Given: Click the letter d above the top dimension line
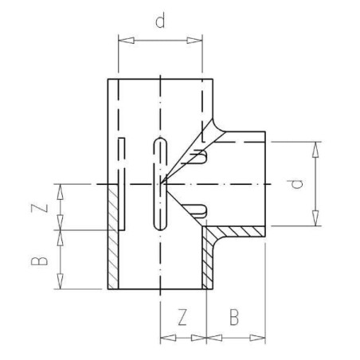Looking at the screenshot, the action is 160,22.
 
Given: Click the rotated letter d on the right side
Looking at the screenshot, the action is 297,184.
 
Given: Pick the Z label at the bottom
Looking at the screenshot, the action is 182,317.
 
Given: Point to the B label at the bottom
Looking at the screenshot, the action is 234,317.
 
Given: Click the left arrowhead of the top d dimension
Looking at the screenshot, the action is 126,41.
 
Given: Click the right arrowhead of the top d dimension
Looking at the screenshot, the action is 194,41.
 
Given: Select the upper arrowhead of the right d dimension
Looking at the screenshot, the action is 315,150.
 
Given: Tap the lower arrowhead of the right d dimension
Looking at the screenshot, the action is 315,218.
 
